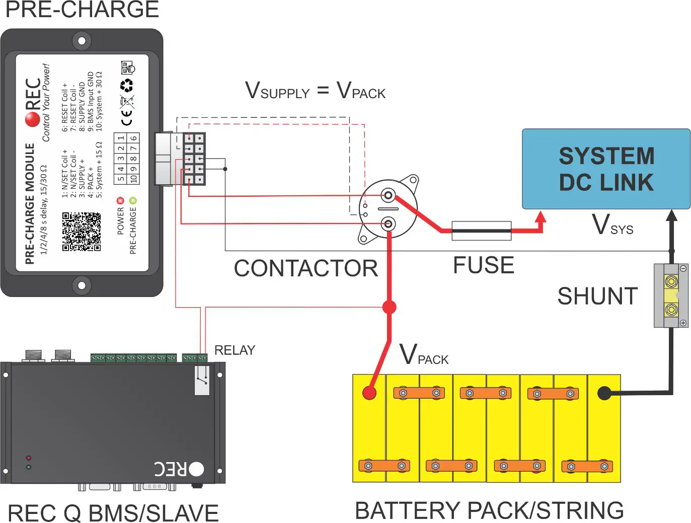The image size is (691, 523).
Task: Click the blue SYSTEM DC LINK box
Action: pyautogui.click(x=606, y=169)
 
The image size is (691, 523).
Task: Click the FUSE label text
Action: pyautogui.click(x=483, y=265)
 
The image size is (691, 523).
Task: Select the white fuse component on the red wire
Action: pyautogui.click(x=481, y=231)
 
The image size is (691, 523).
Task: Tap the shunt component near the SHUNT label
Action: pyautogui.click(x=671, y=295)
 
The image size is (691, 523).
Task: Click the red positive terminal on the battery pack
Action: pyautogui.click(x=369, y=393)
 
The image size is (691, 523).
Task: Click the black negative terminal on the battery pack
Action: pyautogui.click(x=604, y=393)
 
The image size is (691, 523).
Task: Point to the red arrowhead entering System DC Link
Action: pyautogui.click(x=541, y=217)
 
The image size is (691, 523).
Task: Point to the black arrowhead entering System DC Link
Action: pyautogui.click(x=671, y=215)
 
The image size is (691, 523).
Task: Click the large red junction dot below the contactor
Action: pyautogui.click(x=389, y=307)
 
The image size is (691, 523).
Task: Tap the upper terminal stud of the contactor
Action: pyautogui.click(x=388, y=195)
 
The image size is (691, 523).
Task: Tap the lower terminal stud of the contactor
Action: pyautogui.click(x=388, y=223)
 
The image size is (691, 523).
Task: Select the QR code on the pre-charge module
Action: pyautogui.click(x=82, y=232)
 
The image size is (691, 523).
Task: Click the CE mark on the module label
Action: pyautogui.click(x=127, y=119)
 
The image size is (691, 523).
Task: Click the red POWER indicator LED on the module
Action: pyautogui.click(x=120, y=200)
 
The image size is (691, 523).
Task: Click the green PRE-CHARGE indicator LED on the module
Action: pyautogui.click(x=133, y=200)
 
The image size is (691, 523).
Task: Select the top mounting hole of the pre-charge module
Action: pyautogui.click(x=82, y=40)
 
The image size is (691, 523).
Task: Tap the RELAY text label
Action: pyautogui.click(x=235, y=350)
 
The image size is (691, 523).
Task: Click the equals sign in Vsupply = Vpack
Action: pyautogui.click(x=323, y=91)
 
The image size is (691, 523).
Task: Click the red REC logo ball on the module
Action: pyautogui.click(x=32, y=119)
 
